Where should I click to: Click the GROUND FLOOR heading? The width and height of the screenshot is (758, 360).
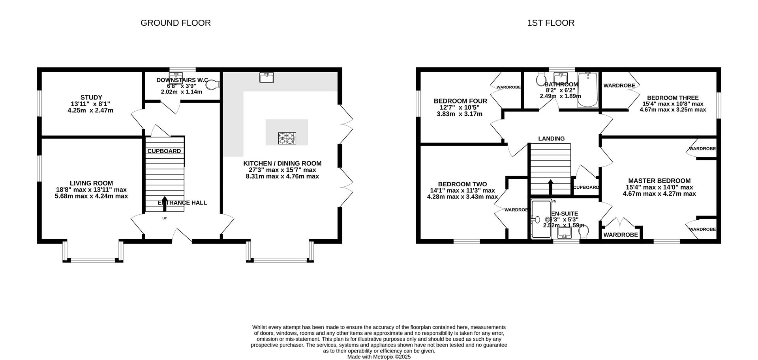click(x=175, y=23)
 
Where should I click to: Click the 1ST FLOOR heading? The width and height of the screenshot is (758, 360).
click(x=550, y=23)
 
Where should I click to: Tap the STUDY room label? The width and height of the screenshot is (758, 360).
click(x=91, y=97)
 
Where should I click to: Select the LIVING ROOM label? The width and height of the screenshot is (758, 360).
click(x=91, y=183)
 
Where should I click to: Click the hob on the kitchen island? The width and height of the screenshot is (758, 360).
click(x=287, y=138)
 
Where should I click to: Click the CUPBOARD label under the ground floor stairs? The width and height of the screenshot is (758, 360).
click(x=164, y=151)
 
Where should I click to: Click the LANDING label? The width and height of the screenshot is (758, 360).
click(x=551, y=139)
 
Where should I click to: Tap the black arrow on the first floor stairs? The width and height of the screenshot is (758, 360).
click(x=550, y=187)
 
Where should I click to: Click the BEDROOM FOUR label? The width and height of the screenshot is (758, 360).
click(x=460, y=101)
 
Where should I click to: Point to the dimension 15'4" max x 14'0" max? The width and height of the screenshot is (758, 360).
click(x=659, y=187)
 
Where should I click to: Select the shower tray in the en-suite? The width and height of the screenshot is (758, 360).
click(x=540, y=219)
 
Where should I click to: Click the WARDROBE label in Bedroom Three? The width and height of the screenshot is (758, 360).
click(x=619, y=86)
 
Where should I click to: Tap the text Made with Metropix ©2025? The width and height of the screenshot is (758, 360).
click(x=379, y=356)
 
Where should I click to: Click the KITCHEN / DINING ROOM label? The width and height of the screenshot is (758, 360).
click(x=282, y=163)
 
